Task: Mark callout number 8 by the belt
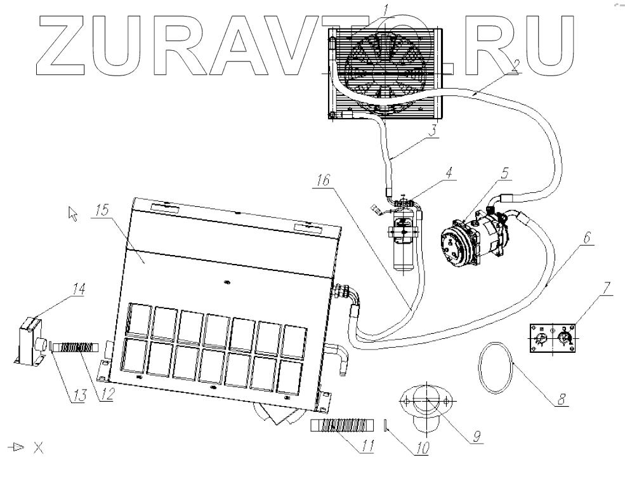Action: [x=562, y=400]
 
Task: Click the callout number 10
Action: [x=420, y=447]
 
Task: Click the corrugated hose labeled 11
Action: [x=342, y=426]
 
